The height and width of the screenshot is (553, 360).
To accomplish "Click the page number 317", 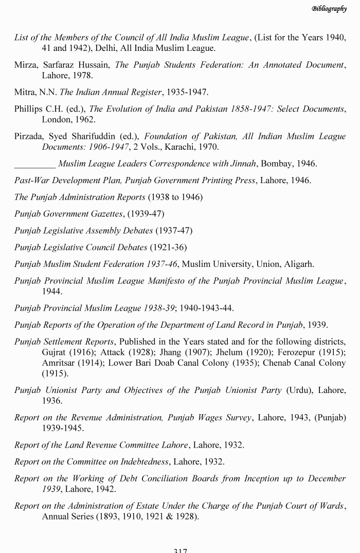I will coord(180,550).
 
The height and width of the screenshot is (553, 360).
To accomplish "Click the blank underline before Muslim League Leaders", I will coord(34,164).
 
